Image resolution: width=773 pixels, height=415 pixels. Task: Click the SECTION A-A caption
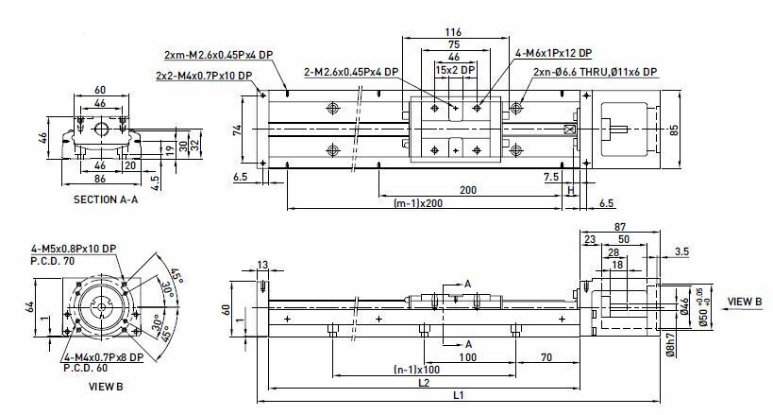(x=106, y=199)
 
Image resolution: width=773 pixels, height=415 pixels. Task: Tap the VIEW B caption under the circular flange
(x=106, y=387)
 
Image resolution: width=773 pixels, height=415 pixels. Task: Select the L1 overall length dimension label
(x=459, y=395)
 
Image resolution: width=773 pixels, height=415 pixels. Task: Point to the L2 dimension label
(x=424, y=383)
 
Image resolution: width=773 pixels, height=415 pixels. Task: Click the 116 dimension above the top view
(x=453, y=32)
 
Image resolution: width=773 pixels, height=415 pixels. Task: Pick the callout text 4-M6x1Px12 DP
(x=554, y=53)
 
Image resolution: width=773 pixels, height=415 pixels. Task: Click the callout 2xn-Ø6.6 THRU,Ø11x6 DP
(x=595, y=72)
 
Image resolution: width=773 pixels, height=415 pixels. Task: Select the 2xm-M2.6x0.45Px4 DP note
(x=218, y=54)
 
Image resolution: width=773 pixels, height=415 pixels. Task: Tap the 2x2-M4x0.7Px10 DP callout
(x=204, y=76)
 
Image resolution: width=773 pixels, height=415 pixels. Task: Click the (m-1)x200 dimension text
(x=418, y=203)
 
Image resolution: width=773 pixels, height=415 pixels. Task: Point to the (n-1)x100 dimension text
(x=416, y=370)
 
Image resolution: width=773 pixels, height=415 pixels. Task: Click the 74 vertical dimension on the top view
(x=237, y=130)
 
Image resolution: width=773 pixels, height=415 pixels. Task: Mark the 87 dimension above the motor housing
(x=620, y=227)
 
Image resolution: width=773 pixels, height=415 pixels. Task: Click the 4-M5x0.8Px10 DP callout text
(x=74, y=249)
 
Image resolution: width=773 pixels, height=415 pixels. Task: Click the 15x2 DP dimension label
(x=455, y=70)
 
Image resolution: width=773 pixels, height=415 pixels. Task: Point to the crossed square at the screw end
(x=569, y=130)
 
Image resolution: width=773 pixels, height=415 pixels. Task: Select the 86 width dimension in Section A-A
(x=100, y=178)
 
